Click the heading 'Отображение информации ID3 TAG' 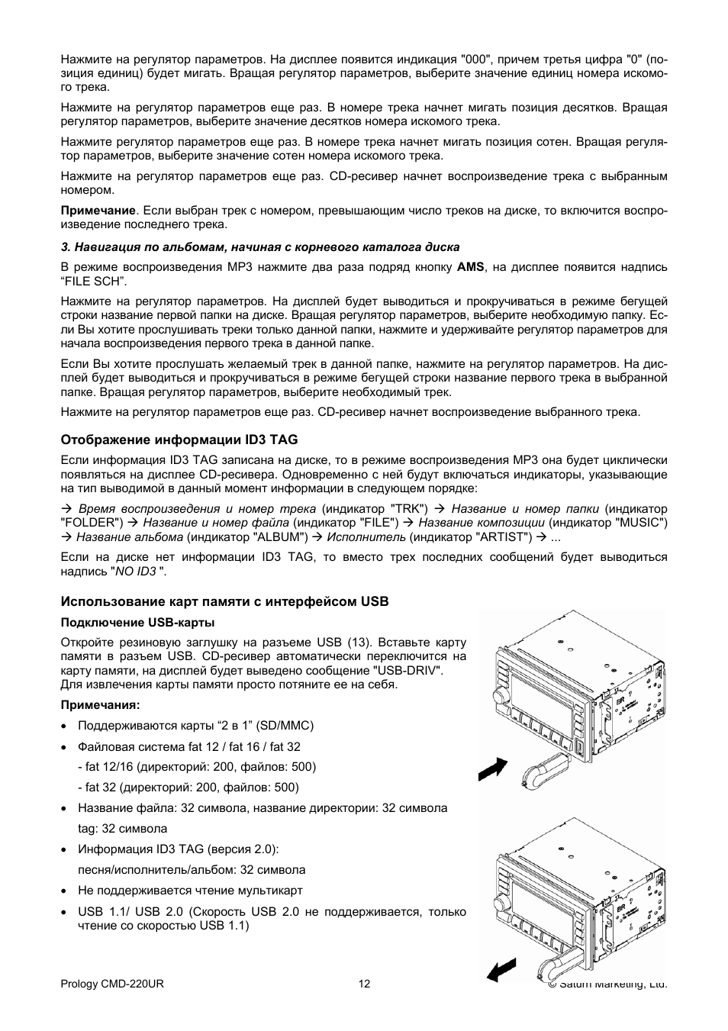(179, 440)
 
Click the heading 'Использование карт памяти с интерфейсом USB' (224, 601)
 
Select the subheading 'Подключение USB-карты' (137, 622)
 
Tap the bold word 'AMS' (470, 267)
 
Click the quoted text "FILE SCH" (91, 281)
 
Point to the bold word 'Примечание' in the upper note (98, 211)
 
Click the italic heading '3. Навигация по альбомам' (259, 246)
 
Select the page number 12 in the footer (364, 984)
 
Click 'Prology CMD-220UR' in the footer (111, 984)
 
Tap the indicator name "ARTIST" (504, 536)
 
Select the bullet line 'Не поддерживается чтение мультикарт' (190, 890)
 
